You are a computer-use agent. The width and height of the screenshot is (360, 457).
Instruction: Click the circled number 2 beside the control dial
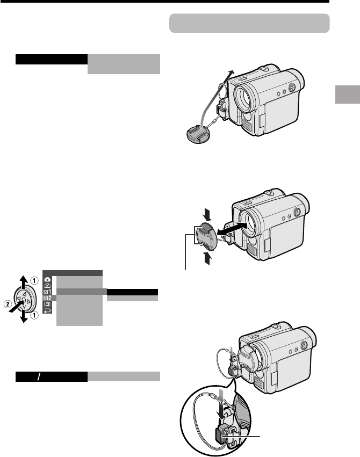click(8, 304)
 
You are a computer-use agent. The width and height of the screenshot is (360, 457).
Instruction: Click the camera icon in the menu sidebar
click(47, 279)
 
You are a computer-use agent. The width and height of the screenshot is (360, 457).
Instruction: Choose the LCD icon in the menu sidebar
click(47, 304)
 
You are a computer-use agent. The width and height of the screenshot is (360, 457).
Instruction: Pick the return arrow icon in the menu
click(47, 310)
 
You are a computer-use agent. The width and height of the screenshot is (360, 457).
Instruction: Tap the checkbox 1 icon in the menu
click(47, 292)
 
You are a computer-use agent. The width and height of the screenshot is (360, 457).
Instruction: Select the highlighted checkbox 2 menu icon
click(47, 298)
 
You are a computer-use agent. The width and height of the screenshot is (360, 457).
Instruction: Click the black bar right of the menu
click(132, 292)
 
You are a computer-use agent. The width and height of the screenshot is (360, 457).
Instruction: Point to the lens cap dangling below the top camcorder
click(198, 135)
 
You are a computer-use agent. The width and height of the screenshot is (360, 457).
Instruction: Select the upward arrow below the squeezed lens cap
click(207, 258)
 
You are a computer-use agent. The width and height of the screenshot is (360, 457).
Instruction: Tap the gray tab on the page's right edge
click(348, 95)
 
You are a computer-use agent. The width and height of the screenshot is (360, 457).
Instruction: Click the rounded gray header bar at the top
click(249, 23)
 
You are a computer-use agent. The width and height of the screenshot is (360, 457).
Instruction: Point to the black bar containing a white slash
click(52, 376)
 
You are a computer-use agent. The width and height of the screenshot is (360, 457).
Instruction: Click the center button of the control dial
click(23, 299)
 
